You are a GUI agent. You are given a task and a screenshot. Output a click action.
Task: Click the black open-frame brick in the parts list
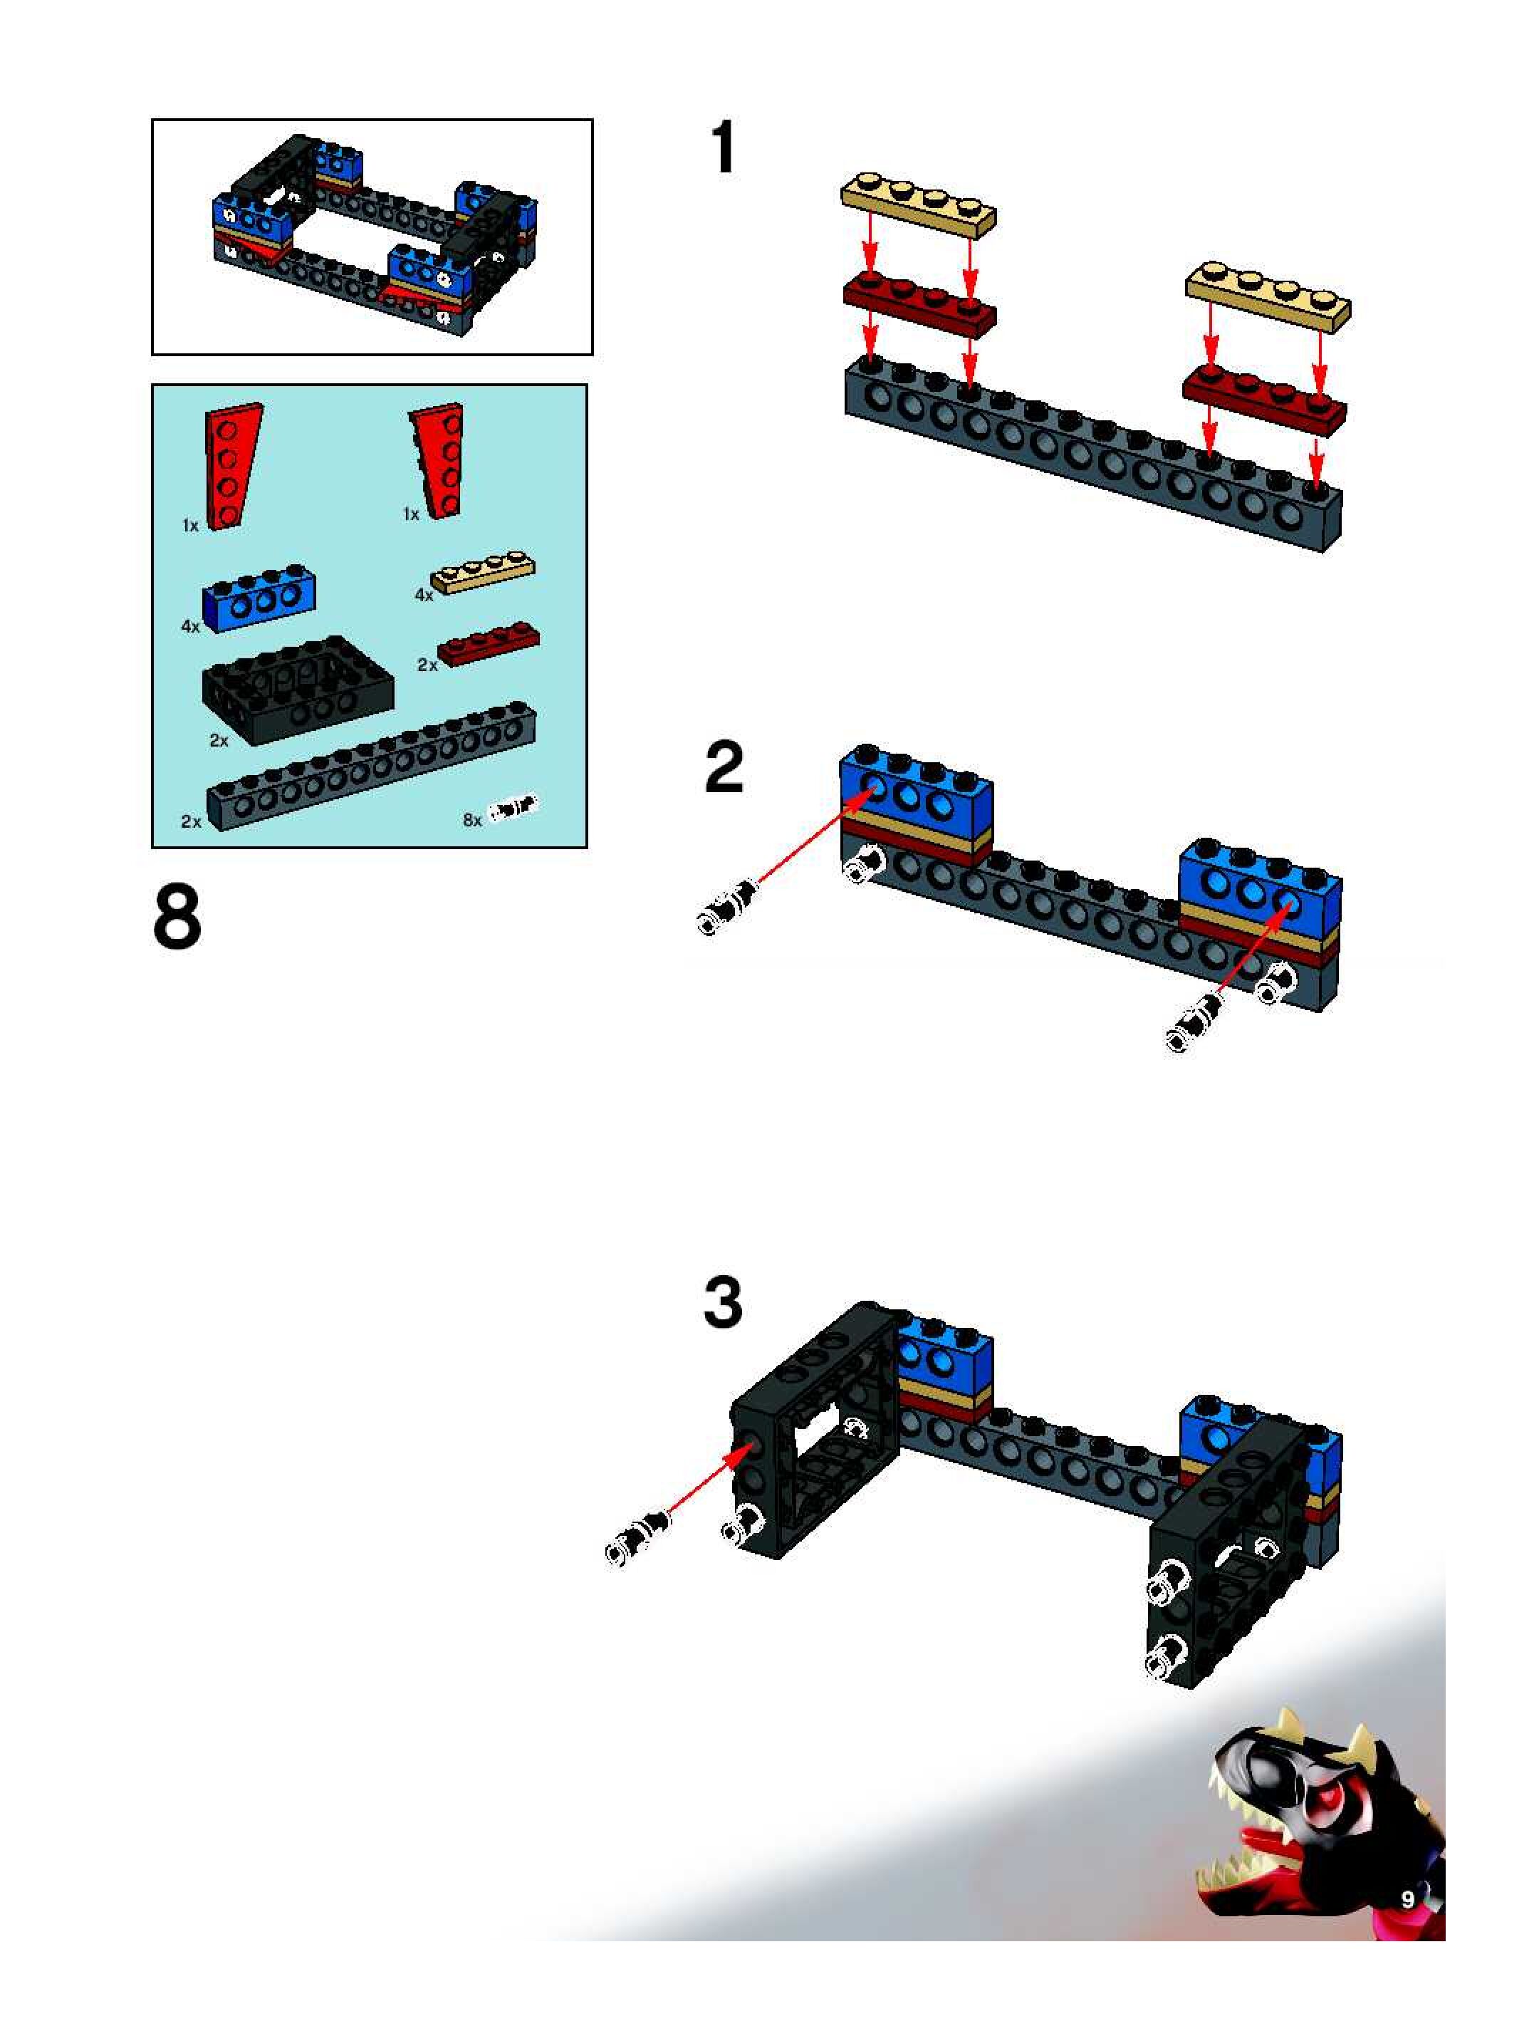298,688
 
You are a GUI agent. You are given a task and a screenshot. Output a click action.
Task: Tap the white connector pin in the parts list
513,809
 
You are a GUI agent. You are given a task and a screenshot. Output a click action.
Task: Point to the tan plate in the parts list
484,573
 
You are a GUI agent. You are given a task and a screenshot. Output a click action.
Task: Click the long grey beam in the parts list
371,766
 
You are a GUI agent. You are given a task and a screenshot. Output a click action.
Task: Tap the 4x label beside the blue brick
190,626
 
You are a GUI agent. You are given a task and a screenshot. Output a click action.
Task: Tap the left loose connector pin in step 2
728,907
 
